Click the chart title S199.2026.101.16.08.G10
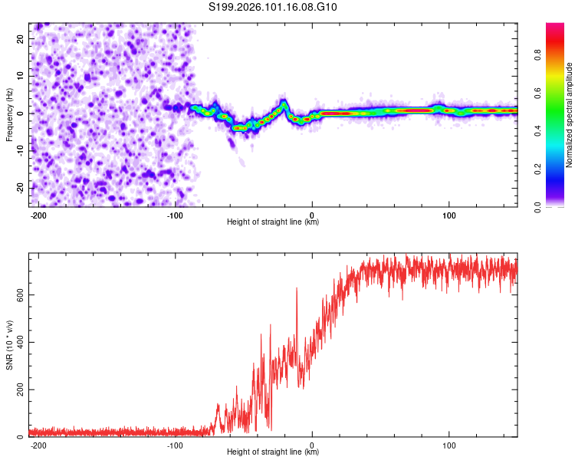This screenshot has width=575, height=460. [274, 8]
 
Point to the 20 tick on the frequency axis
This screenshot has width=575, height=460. [21, 38]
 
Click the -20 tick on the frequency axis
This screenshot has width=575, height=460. [19, 188]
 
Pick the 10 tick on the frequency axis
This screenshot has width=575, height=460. [21, 76]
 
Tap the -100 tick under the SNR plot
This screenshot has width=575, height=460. [175, 445]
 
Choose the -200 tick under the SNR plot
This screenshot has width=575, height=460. [39, 445]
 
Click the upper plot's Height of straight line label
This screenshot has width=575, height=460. [273, 222]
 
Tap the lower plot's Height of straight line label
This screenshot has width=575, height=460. [273, 452]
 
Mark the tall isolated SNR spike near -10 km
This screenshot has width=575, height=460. [297, 289]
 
